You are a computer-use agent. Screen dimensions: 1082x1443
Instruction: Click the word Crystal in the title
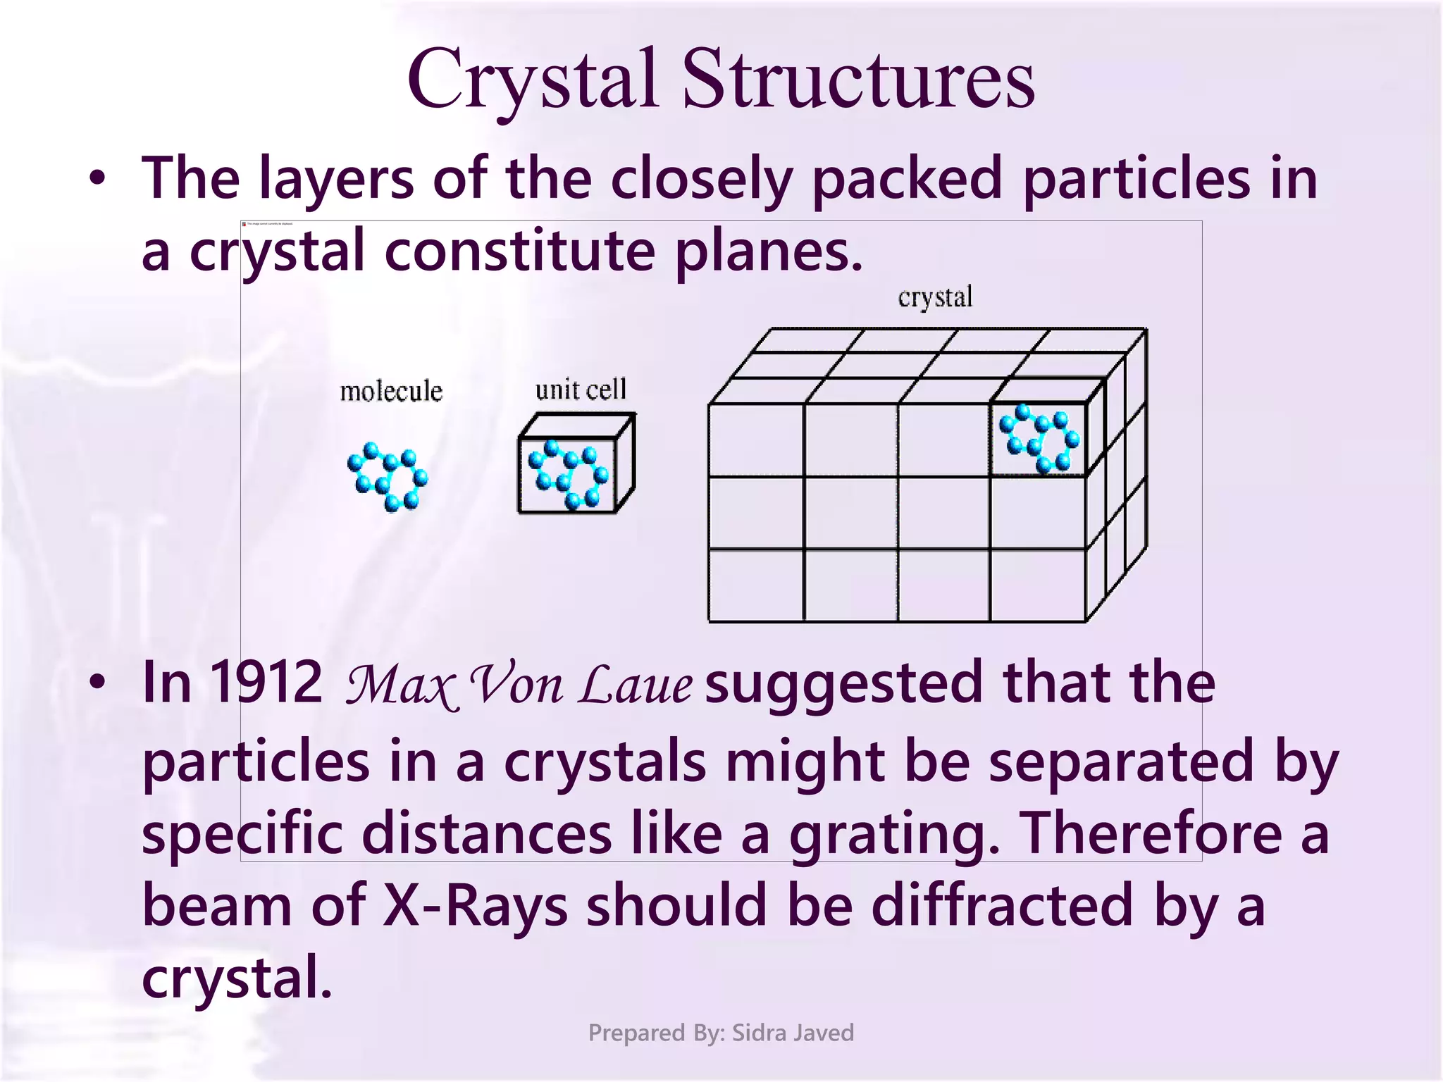point(533,79)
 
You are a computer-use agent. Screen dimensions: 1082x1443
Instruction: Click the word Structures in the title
point(858,79)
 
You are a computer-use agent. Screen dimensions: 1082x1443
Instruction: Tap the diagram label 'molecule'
point(391,392)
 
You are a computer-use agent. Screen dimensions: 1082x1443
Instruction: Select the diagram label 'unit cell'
point(581,390)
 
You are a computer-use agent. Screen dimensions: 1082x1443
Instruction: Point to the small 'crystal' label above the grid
point(935,297)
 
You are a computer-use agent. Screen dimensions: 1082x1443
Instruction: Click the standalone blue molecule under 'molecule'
point(388,475)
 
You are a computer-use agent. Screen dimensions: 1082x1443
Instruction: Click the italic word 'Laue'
point(635,685)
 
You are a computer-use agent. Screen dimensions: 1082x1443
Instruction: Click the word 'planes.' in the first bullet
point(769,251)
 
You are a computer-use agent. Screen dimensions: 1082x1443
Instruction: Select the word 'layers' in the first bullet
point(336,178)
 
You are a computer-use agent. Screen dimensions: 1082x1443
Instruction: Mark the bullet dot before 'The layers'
point(98,178)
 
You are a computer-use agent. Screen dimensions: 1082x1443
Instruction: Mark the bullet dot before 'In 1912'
point(98,682)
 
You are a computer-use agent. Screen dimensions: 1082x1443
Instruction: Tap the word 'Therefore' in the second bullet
point(1151,833)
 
